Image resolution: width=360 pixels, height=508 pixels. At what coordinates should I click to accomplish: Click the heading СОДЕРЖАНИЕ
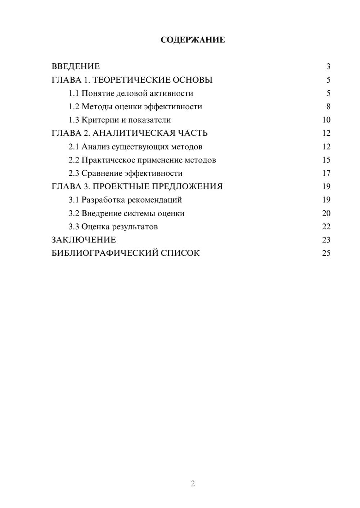[x=193, y=40]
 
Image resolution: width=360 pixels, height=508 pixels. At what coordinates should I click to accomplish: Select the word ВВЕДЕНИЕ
[x=76, y=66]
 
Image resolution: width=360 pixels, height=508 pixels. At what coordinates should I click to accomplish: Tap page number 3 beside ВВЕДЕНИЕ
[x=328, y=66]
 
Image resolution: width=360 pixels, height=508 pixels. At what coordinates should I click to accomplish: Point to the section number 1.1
[x=74, y=93]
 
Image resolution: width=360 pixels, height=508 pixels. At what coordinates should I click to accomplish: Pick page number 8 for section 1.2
[x=328, y=107]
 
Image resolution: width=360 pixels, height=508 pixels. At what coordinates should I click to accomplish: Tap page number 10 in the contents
[x=326, y=120]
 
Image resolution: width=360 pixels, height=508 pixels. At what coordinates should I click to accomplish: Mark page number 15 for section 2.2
[x=326, y=160]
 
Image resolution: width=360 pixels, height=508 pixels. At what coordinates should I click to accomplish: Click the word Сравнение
[x=102, y=174]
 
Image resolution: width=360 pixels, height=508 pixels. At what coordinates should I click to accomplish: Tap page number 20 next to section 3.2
[x=326, y=213]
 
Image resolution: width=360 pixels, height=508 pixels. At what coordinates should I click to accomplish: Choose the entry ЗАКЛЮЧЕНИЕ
[x=84, y=240]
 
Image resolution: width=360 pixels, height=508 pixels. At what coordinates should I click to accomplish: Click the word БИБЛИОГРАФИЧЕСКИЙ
[x=104, y=253]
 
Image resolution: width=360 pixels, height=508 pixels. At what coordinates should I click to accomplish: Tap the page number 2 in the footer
[x=193, y=484]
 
